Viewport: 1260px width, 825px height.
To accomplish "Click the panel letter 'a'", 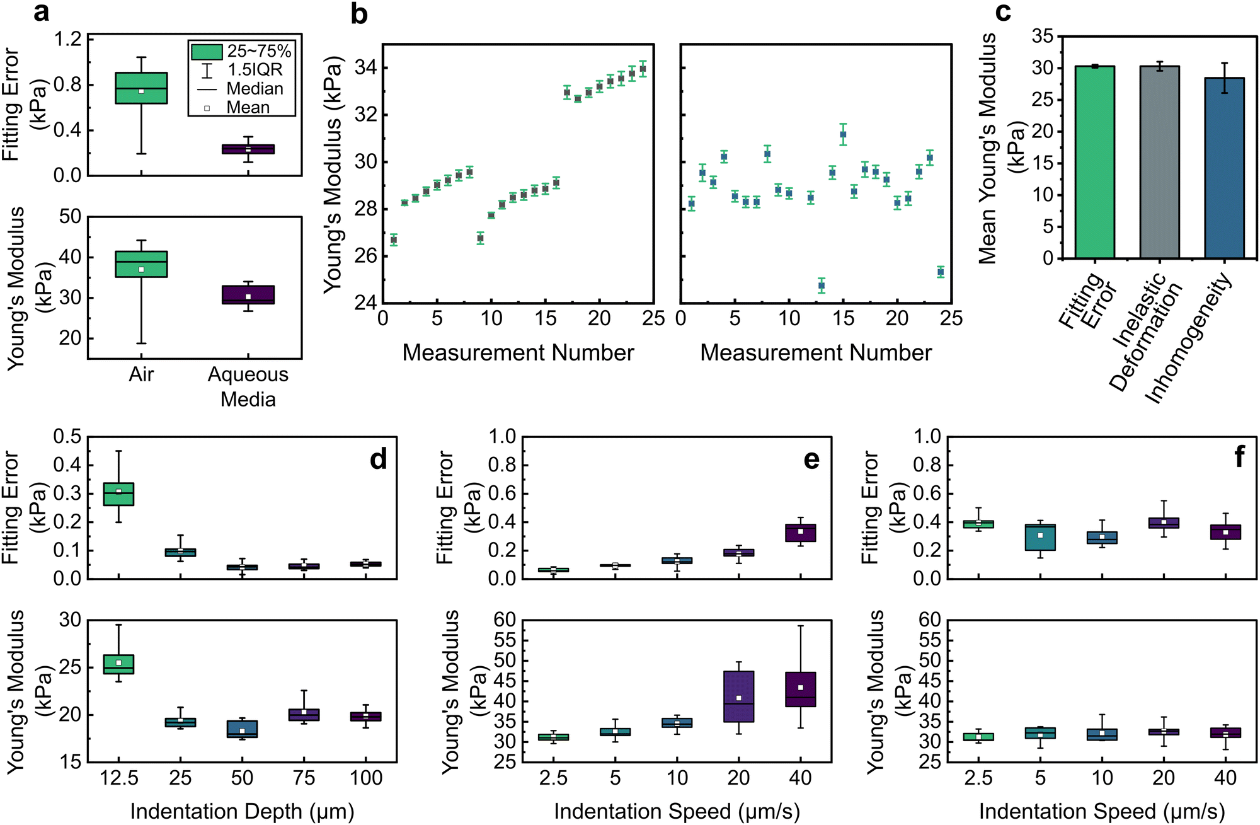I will click(41, 13).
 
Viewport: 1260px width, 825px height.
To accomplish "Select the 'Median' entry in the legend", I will click(255, 89).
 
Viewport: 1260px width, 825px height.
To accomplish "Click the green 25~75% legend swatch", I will click(207, 52).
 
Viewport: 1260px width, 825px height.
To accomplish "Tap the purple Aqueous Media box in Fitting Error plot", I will click(248, 149).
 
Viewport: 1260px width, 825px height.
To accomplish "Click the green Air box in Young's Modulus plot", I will click(141, 264).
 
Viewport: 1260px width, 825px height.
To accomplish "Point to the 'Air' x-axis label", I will click(141, 374).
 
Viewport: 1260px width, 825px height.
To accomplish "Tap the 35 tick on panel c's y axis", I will click(1043, 37).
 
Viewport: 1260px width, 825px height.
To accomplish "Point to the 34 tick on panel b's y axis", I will click(365, 67).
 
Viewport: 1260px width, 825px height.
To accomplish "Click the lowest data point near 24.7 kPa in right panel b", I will click(821, 286).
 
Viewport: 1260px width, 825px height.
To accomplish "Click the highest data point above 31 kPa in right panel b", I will click(843, 134).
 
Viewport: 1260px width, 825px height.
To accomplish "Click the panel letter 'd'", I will click(378, 459).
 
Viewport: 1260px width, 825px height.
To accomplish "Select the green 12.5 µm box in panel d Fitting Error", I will click(118, 494).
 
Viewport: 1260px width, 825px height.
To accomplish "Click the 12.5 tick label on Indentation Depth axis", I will click(118, 778).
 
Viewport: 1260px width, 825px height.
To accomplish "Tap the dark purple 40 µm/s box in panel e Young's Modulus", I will click(800, 689).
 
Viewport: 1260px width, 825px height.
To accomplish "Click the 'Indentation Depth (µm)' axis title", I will click(242, 811).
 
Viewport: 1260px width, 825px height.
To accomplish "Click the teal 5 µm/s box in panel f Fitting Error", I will click(1040, 538).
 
